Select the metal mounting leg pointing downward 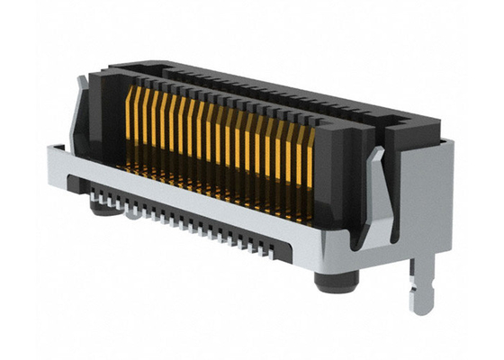[415, 279]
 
